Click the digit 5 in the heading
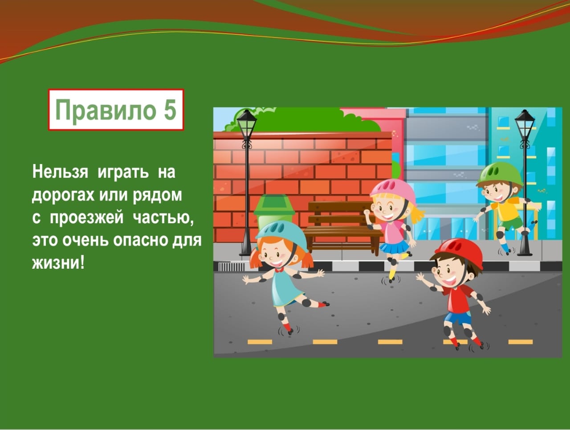(x=170, y=110)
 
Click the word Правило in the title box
(x=106, y=111)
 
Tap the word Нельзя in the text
(x=60, y=172)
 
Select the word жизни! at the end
(x=58, y=263)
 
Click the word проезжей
(x=87, y=218)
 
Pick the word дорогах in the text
(x=63, y=195)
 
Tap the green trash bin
(x=274, y=212)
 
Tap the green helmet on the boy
(x=499, y=173)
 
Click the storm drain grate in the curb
(x=231, y=267)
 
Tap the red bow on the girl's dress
(x=279, y=270)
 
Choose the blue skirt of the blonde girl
(x=393, y=246)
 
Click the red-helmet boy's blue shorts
(x=457, y=318)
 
